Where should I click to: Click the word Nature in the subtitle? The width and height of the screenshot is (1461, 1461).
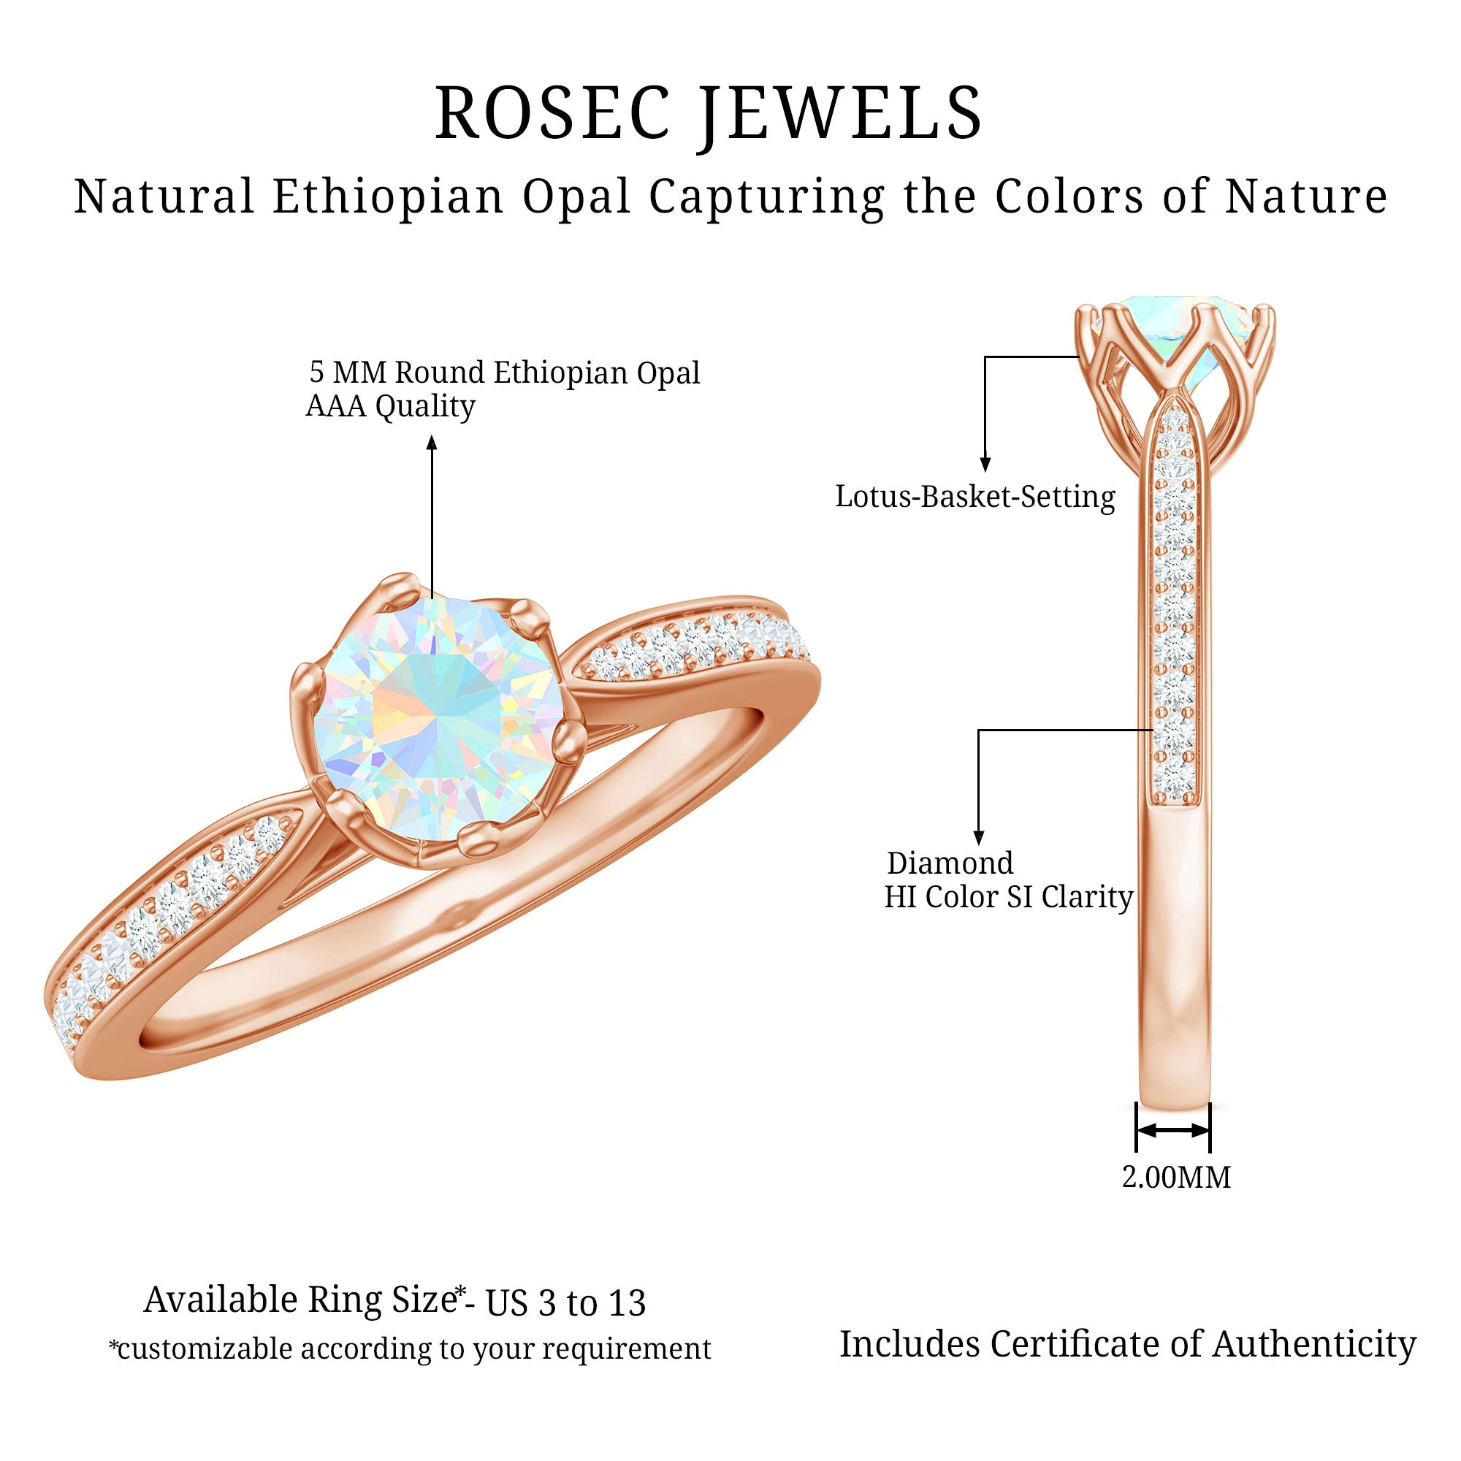coord(1306,197)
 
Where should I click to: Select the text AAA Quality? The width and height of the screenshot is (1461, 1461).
coord(390,407)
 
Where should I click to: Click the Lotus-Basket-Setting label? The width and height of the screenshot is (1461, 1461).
coord(974,497)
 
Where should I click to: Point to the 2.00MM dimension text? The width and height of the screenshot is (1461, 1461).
coord(1176,1178)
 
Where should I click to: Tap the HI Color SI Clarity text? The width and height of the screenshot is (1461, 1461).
coord(1009,898)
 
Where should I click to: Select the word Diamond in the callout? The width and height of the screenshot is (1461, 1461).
coord(950,863)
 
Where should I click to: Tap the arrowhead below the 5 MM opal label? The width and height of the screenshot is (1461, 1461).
coord(432,443)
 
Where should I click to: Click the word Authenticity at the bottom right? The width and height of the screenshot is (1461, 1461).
coord(1314,1344)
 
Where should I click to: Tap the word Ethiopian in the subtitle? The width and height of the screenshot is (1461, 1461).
coord(388,197)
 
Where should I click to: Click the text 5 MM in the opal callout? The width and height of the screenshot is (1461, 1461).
coord(348,373)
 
